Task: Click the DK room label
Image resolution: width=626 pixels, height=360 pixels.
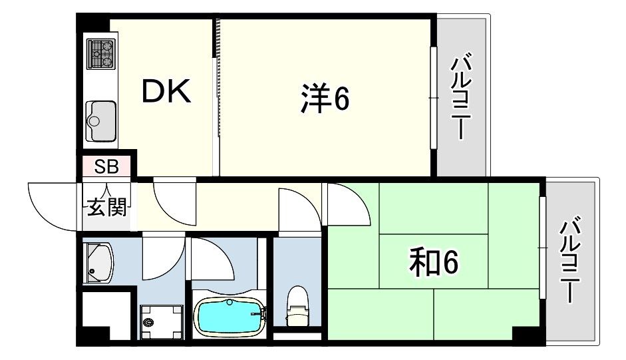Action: [x=166, y=92]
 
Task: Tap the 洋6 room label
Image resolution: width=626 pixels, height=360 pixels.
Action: [x=325, y=98]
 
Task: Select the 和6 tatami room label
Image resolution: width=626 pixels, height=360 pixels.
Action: [x=434, y=262]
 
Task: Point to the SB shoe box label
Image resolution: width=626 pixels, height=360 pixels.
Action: [x=106, y=166]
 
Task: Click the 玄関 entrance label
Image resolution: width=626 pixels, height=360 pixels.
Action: [x=106, y=206]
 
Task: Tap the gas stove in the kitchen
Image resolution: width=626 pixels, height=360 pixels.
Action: [x=101, y=54]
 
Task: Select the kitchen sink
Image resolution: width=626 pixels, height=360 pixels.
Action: [x=101, y=120]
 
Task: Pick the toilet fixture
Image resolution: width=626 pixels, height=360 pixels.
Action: [x=297, y=305]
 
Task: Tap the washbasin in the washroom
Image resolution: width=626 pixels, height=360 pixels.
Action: [x=98, y=264]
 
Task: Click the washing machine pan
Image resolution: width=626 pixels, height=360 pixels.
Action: [x=161, y=322]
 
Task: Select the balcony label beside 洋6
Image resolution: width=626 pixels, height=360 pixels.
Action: [x=461, y=96]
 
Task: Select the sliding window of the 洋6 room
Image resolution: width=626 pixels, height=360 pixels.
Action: [x=434, y=98]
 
